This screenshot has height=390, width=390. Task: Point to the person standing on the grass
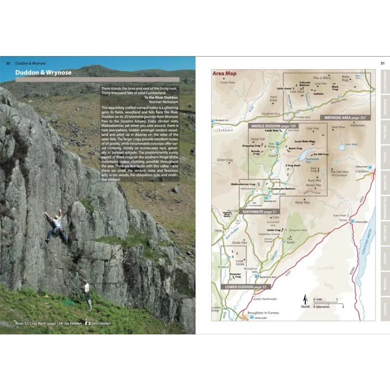(x=87, y=293)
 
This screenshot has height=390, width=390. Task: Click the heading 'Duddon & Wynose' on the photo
(x=43, y=73)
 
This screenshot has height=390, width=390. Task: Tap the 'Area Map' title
(x=224, y=73)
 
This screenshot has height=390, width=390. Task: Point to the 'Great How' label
(x=228, y=82)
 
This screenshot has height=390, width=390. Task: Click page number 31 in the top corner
(x=383, y=63)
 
